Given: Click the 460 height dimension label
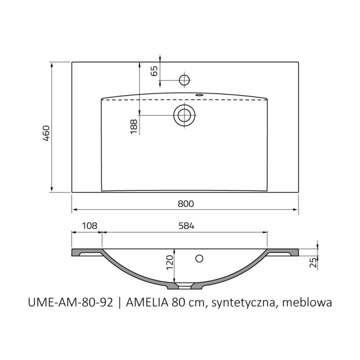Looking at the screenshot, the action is pyautogui.click(x=46, y=133).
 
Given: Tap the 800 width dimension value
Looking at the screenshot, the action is pyautogui.click(x=185, y=203).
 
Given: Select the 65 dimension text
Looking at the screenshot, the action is pyautogui.click(x=154, y=71).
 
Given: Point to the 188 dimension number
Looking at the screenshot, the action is pyautogui.click(x=133, y=126).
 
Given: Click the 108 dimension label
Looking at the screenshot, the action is pyautogui.click(x=90, y=226).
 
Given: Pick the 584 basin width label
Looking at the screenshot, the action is pyautogui.click(x=186, y=226).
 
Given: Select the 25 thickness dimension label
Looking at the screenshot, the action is pyautogui.click(x=313, y=262).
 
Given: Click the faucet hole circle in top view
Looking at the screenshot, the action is pyautogui.click(x=184, y=80).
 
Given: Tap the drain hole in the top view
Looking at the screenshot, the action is pyautogui.click(x=184, y=115).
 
